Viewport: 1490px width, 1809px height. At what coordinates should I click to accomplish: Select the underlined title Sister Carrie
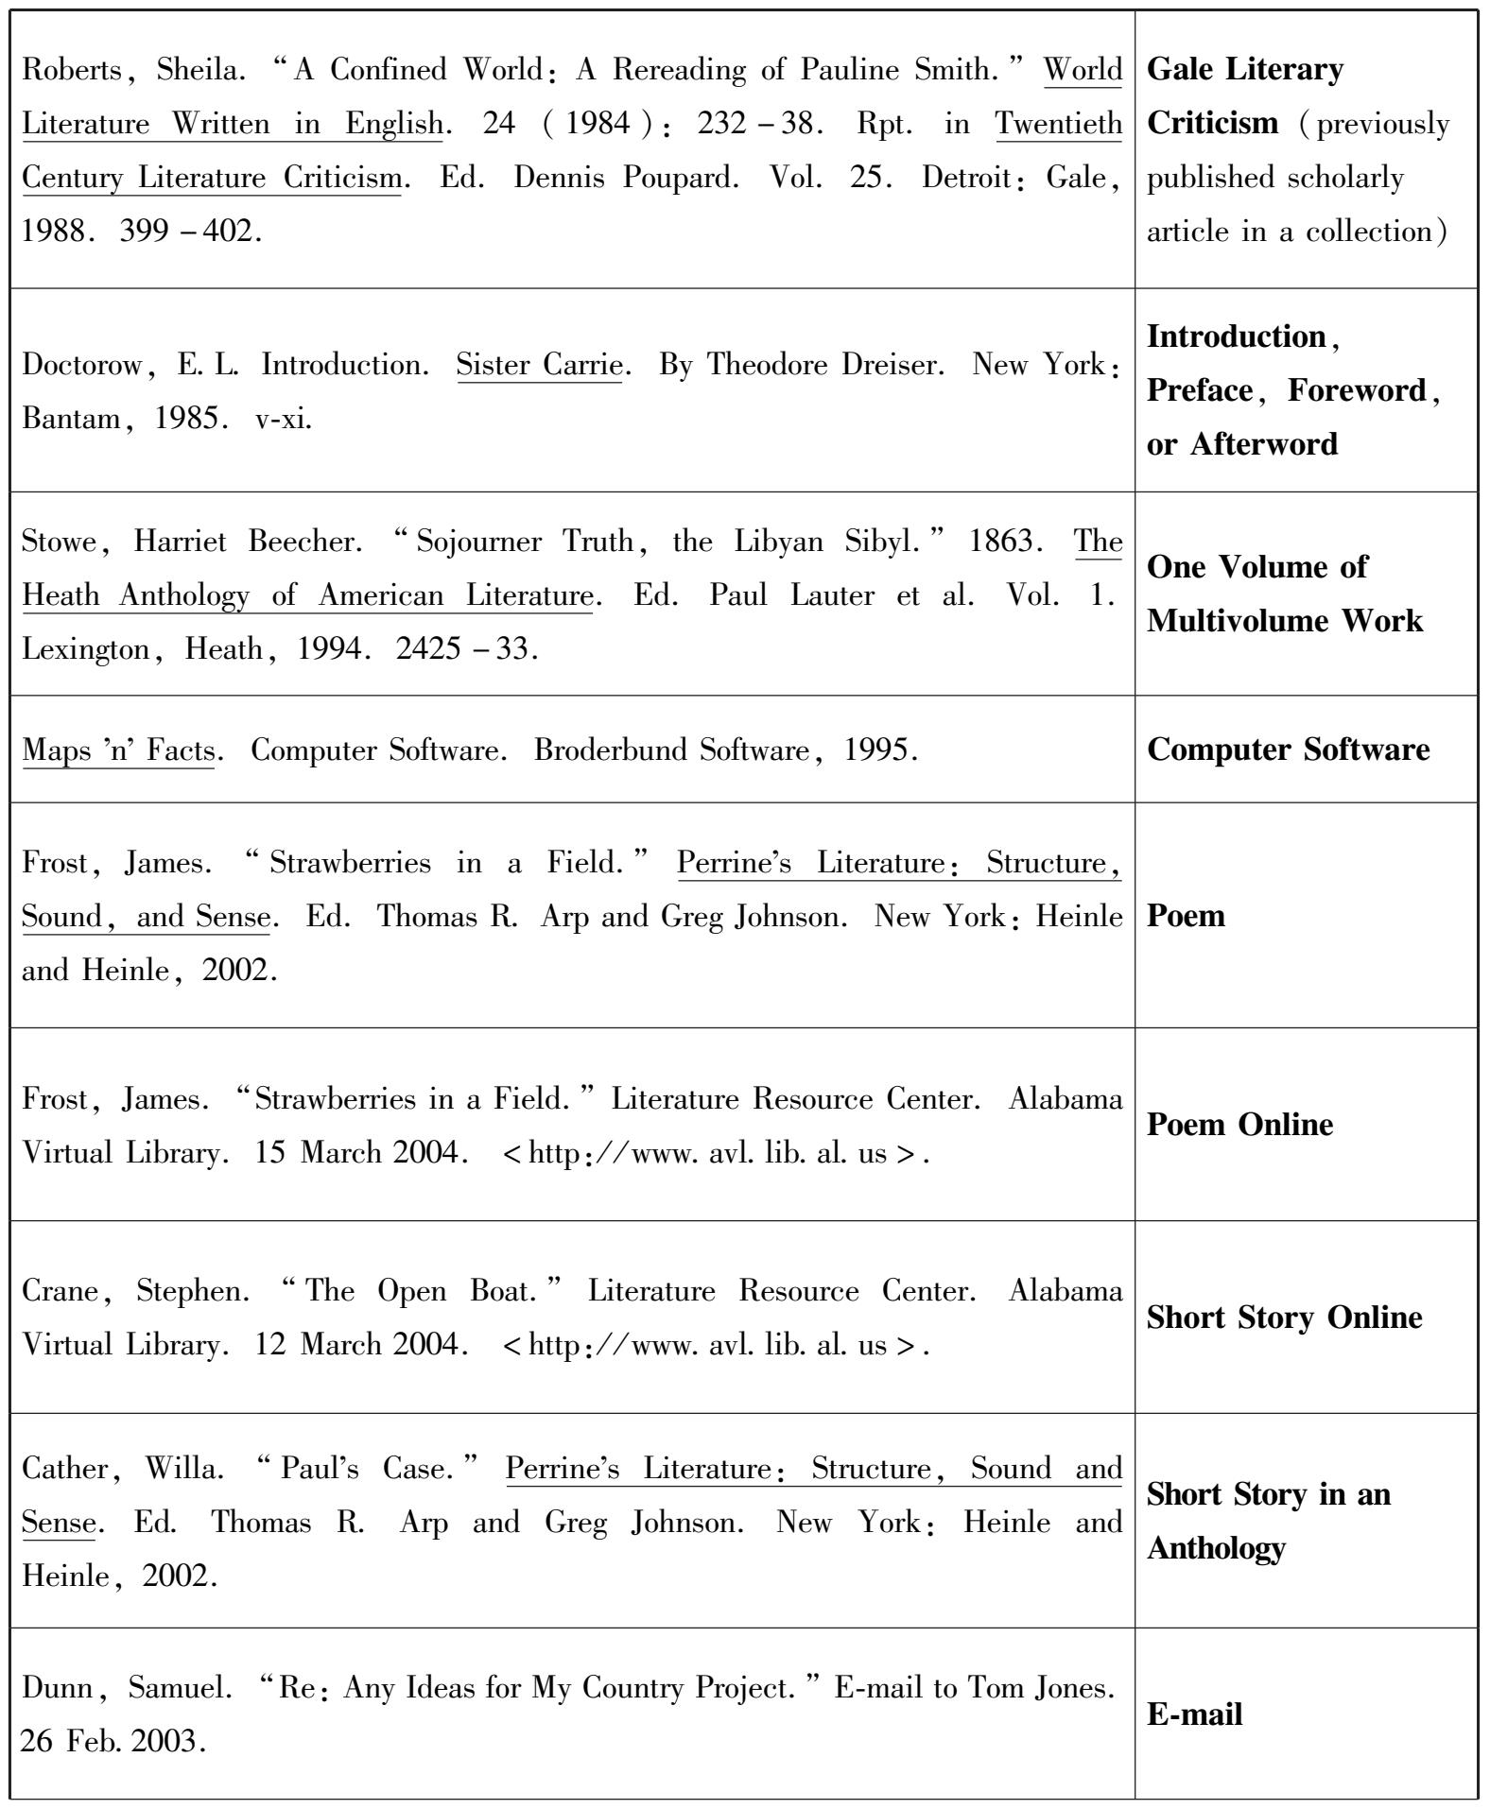tap(539, 365)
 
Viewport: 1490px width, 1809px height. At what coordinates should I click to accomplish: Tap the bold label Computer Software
tap(1288, 749)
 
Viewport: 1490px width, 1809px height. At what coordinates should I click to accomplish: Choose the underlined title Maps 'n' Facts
tap(118, 750)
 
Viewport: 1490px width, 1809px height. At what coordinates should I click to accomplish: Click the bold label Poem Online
tap(1239, 1125)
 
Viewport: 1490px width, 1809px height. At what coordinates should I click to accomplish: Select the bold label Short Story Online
tap(1284, 1318)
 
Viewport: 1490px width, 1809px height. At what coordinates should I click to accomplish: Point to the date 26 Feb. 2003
tap(113, 1741)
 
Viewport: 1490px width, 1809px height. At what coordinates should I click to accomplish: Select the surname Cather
tap(66, 1469)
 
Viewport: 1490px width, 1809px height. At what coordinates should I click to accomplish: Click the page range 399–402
tap(189, 232)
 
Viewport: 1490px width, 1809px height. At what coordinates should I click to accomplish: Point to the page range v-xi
tap(283, 419)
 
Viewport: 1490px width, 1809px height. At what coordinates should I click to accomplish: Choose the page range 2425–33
tap(465, 649)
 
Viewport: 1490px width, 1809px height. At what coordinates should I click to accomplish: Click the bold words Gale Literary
tap(1244, 70)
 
